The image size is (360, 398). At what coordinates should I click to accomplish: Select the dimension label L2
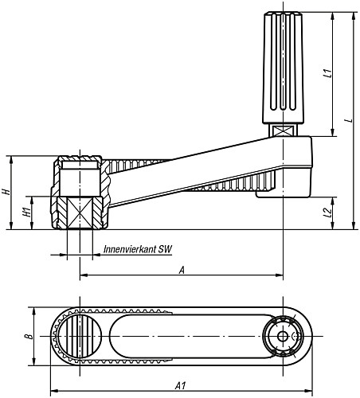[x=328, y=213]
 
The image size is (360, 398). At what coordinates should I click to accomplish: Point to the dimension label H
[x=6, y=192]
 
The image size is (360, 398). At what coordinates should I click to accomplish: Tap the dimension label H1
[x=26, y=213]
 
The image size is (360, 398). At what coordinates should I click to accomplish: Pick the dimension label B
[x=26, y=338]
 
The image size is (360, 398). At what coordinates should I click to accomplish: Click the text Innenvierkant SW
[x=138, y=249]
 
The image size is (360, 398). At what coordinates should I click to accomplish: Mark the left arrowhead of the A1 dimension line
[x=53, y=391]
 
